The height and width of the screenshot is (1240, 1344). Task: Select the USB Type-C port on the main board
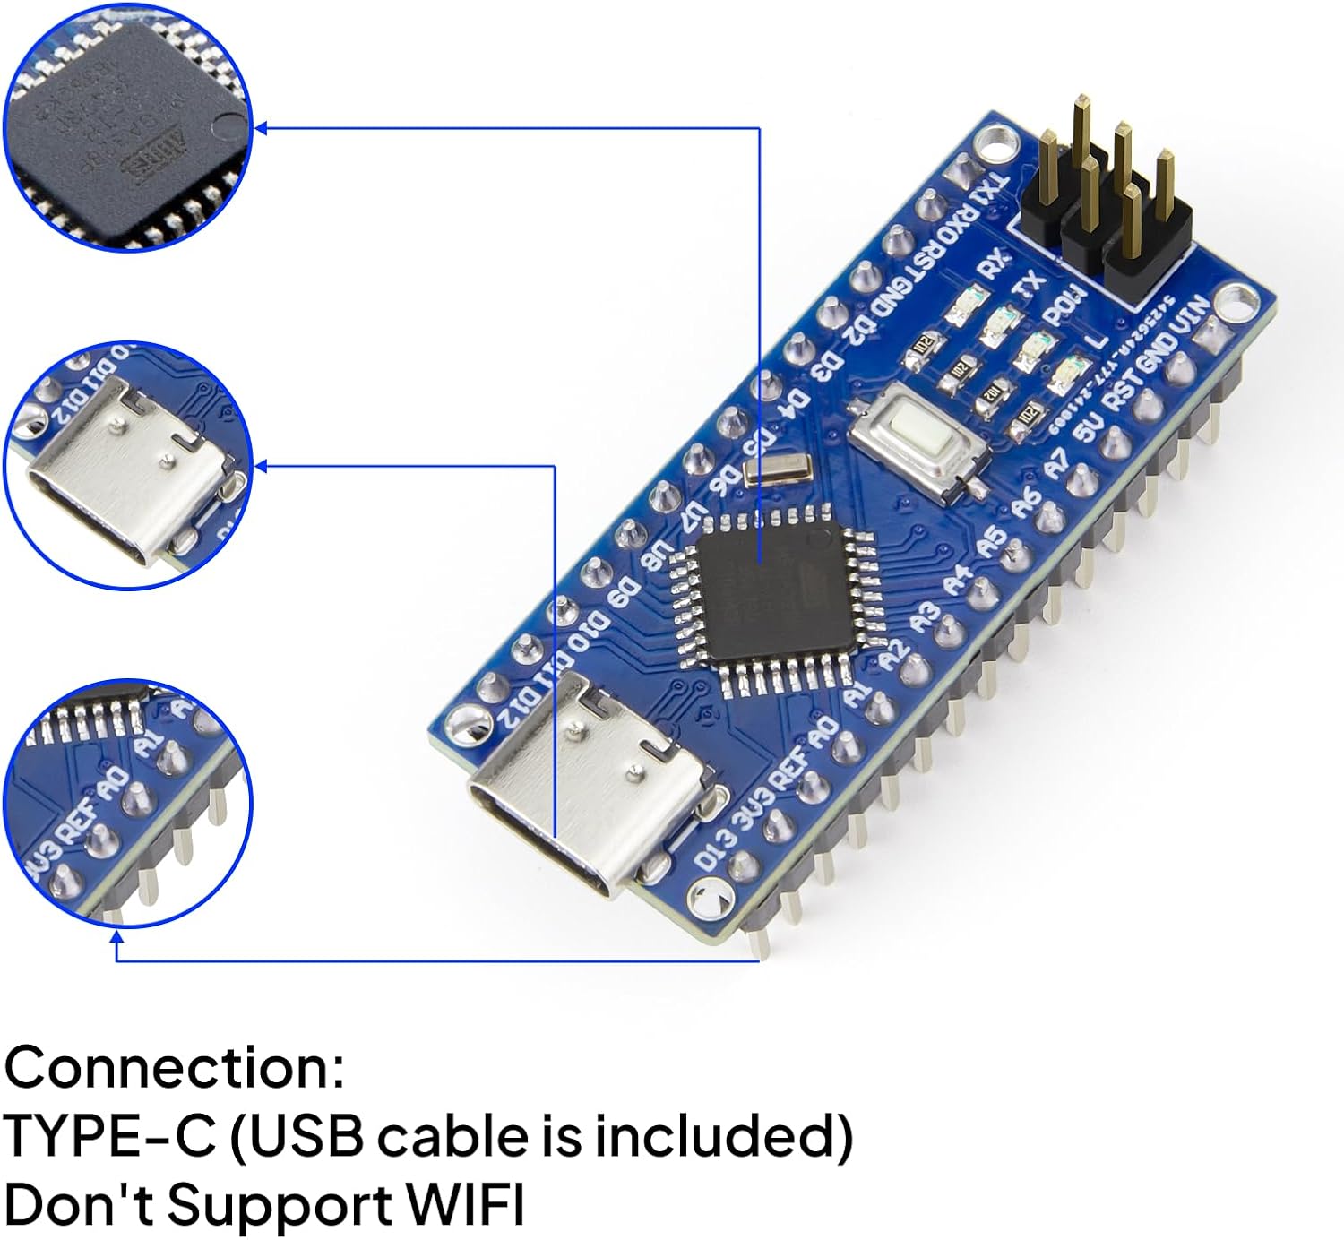pos(591,788)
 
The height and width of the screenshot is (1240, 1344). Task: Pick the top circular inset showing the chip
pos(127,127)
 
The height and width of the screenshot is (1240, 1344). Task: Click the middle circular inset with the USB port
pos(127,465)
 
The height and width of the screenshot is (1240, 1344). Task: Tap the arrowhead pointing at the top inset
pos(262,128)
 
